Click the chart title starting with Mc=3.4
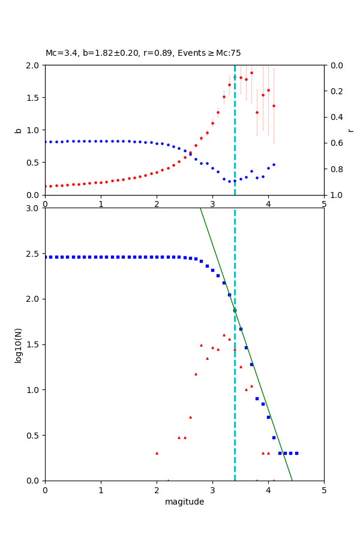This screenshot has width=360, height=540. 143,53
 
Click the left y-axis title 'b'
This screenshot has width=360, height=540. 18,130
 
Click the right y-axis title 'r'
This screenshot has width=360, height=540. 350,130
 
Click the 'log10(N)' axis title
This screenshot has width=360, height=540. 18,344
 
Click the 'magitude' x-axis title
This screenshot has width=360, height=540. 184,502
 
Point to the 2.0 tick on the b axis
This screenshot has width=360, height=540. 35,65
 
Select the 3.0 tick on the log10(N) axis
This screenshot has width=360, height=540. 35,208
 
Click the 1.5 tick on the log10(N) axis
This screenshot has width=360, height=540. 35,344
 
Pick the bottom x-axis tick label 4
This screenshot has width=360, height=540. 268,490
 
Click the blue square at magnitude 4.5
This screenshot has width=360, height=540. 296,453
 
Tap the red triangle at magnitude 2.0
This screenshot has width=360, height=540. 157,453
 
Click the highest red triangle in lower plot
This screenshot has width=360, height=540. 224,335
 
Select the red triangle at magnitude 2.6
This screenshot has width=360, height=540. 190,417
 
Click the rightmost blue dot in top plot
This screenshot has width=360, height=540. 274,164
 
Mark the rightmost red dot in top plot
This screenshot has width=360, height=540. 274,106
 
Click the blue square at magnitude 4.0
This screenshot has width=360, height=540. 268,417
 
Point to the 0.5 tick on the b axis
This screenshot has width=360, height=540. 35,163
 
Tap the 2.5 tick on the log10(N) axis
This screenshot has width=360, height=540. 35,254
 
